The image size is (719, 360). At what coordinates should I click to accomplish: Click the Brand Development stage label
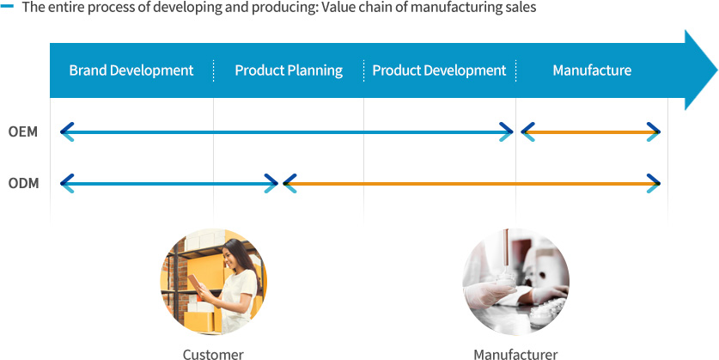coord(131,70)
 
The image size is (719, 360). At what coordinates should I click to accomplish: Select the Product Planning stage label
coord(289,70)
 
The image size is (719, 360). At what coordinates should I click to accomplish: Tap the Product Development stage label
coord(439,70)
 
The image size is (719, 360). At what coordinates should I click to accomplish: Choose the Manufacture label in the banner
coord(592,70)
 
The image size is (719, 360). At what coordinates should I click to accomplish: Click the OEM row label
coord(23,132)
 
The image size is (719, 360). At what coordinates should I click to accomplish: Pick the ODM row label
coord(23,184)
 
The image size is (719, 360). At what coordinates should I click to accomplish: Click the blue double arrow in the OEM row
coord(287,132)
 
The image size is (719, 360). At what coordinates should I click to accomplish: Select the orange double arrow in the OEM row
coord(591,132)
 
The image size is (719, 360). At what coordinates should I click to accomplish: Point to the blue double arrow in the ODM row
coord(169,184)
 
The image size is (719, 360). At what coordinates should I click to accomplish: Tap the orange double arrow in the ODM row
coord(472,184)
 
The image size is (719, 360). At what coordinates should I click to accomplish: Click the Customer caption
coord(213,354)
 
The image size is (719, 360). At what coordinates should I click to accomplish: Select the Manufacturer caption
coord(515,354)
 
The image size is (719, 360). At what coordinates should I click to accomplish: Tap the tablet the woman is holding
coord(196,282)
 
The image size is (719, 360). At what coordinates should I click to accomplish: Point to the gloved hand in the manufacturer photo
coord(485,294)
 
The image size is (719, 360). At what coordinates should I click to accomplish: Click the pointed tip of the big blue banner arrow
coord(717,70)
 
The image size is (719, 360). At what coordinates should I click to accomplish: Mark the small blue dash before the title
coord(8,7)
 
